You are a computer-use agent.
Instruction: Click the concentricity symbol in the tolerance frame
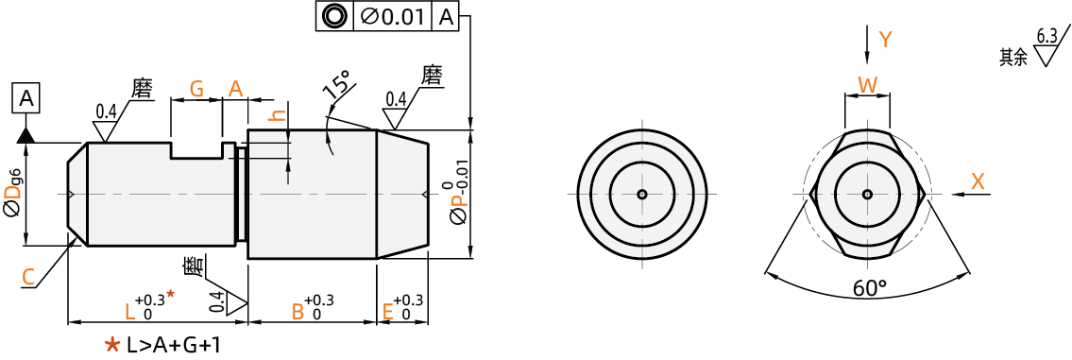334,16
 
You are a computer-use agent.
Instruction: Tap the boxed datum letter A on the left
26,99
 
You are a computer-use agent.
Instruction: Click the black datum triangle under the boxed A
26,135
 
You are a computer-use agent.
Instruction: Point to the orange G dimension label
196,88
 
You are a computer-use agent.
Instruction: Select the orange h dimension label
276,116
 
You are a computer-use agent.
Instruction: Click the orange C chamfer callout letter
28,277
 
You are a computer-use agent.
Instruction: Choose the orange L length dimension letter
130,312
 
